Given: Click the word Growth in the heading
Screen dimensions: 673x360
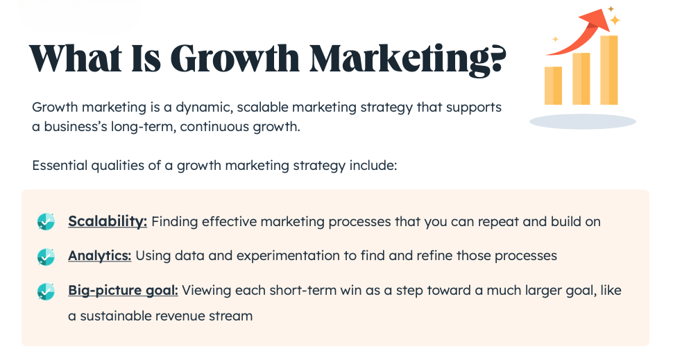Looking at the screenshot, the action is tap(235, 59).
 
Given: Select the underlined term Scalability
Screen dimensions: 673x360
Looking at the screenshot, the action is tap(108, 221).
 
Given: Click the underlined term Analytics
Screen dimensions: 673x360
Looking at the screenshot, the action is tap(100, 256).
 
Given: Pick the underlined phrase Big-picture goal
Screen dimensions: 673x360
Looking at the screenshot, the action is tap(123, 291).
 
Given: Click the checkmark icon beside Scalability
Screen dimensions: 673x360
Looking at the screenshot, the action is tap(46, 222).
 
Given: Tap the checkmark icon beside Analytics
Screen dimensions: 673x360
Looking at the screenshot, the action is tap(46, 257).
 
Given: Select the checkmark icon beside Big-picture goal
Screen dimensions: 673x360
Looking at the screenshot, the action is tap(46, 291).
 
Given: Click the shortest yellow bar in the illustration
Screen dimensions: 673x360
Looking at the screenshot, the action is tap(553, 85).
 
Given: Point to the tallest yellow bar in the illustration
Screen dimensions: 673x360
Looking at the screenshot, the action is tap(609, 70).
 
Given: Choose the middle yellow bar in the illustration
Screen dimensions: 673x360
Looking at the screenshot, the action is tap(581, 78).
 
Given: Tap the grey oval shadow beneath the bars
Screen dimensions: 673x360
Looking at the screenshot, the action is tap(583, 121).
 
